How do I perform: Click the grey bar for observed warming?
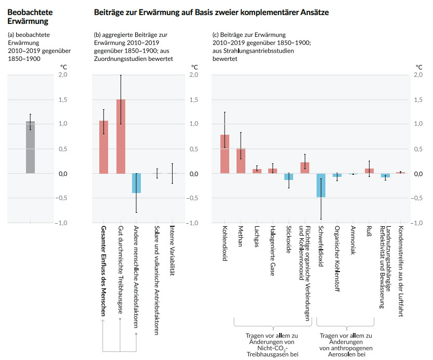pyautogui.click(x=31, y=148)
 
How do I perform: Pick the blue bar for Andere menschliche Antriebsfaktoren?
pyautogui.click(x=136, y=183)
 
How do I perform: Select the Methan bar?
pyautogui.click(x=241, y=161)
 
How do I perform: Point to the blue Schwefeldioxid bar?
pyautogui.click(x=321, y=185)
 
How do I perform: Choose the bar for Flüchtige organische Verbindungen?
pyautogui.click(x=305, y=168)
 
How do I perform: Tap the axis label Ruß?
pyautogui.click(x=369, y=233)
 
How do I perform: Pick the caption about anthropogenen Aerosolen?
pyautogui.click(x=346, y=345)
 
